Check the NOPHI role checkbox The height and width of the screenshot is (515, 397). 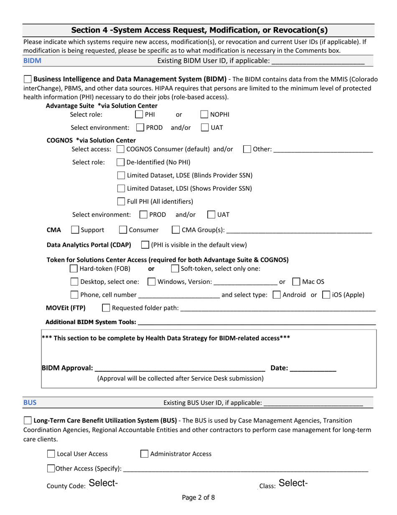tap(205, 114)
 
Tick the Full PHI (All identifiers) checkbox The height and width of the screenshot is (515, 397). tap(121, 201)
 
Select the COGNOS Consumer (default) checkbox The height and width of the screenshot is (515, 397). tap(120, 149)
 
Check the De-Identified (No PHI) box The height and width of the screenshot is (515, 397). tap(120, 162)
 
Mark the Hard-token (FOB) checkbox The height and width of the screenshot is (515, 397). tap(74, 268)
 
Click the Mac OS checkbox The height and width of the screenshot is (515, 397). tap(296, 282)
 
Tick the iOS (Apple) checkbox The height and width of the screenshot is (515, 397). tap(326, 295)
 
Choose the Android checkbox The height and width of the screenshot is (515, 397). tap(277, 295)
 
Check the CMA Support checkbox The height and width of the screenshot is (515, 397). tap(75, 230)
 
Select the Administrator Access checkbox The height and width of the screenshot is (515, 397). tap(144, 454)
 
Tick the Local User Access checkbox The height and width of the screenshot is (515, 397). tap(51, 454)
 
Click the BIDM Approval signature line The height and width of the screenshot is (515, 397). tap(180, 368)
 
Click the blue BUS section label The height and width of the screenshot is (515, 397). tap(30, 403)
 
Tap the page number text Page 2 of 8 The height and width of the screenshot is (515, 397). tap(198, 498)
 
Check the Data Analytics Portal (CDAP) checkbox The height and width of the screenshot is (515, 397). tap(145, 245)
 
